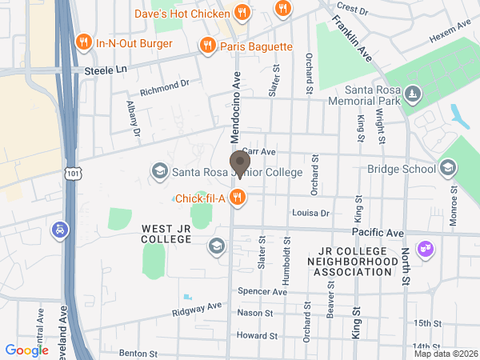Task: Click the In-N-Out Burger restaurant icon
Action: [x=82, y=42]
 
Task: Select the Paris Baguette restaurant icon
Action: [x=207, y=46]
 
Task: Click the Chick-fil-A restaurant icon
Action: [x=237, y=198]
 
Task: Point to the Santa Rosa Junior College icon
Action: [x=158, y=171]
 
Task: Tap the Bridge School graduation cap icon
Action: [x=447, y=168]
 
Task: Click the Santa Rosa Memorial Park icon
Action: [x=411, y=94]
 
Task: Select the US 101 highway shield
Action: [x=73, y=173]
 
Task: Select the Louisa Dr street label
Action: [x=311, y=214]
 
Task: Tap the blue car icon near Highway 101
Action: [x=59, y=230]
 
